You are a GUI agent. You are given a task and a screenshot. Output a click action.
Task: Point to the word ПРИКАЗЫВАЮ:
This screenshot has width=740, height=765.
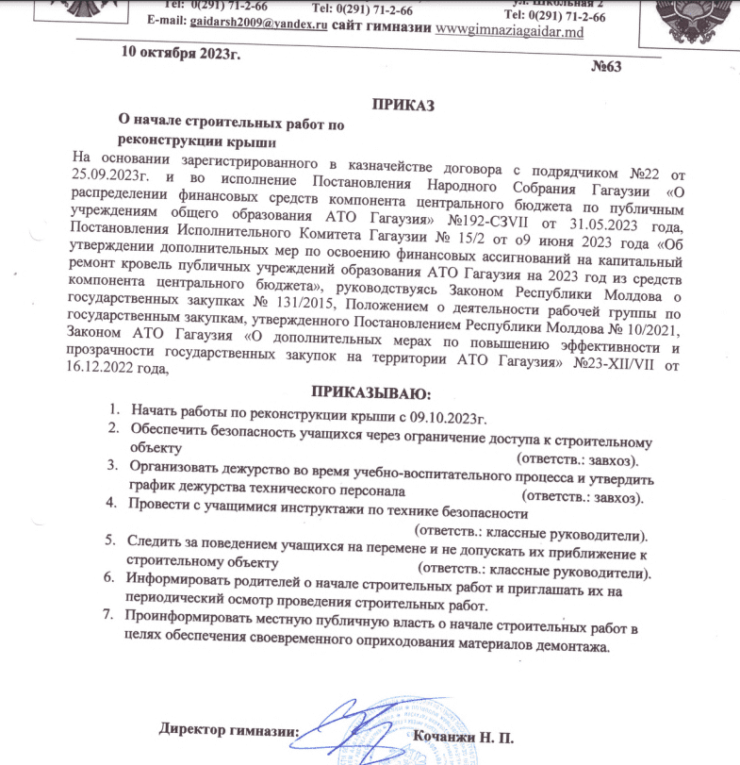point(370,391)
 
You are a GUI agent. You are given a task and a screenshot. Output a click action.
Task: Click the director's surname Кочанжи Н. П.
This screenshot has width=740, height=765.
point(464,733)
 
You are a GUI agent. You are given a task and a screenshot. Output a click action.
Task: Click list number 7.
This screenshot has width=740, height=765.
point(109,616)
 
